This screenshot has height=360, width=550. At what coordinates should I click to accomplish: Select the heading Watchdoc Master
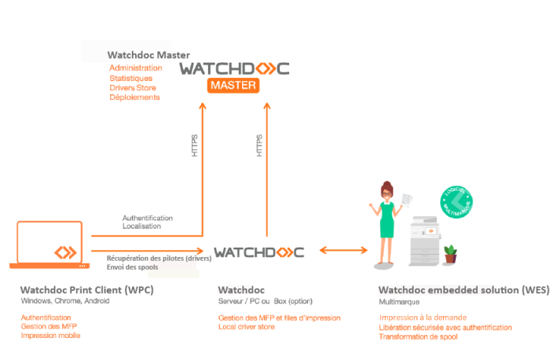click(148, 56)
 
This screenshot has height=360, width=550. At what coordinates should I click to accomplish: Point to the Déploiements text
click(134, 97)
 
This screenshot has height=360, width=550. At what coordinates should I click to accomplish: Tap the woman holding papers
click(387, 220)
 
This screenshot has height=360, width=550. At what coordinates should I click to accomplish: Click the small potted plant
click(451, 253)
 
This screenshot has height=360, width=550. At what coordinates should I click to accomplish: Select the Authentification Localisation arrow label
click(147, 222)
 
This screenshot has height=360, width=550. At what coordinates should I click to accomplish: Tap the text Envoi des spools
click(134, 267)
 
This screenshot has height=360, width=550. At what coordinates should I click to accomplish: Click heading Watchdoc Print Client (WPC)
click(86, 289)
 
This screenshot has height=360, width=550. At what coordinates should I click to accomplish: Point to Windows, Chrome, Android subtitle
click(65, 301)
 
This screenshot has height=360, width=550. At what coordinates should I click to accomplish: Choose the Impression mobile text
click(50, 336)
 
